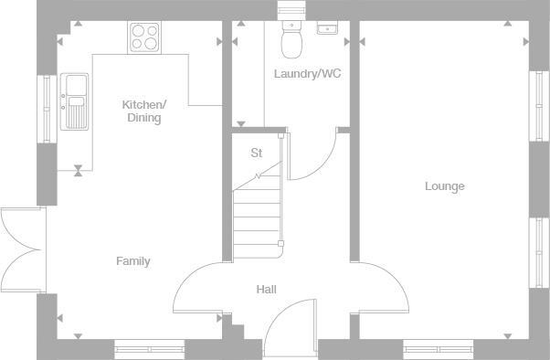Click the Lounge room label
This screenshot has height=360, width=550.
point(444,186)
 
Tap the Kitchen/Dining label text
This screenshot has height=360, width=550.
point(143,111)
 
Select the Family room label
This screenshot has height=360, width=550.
point(132,261)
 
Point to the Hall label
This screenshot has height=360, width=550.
point(266,290)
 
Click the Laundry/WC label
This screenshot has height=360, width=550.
point(307,73)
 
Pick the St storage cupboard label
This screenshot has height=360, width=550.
point(256,154)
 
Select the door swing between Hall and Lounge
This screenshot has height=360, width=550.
point(379,287)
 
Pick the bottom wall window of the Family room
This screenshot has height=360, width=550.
point(149,346)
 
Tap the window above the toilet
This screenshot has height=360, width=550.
point(291,9)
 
